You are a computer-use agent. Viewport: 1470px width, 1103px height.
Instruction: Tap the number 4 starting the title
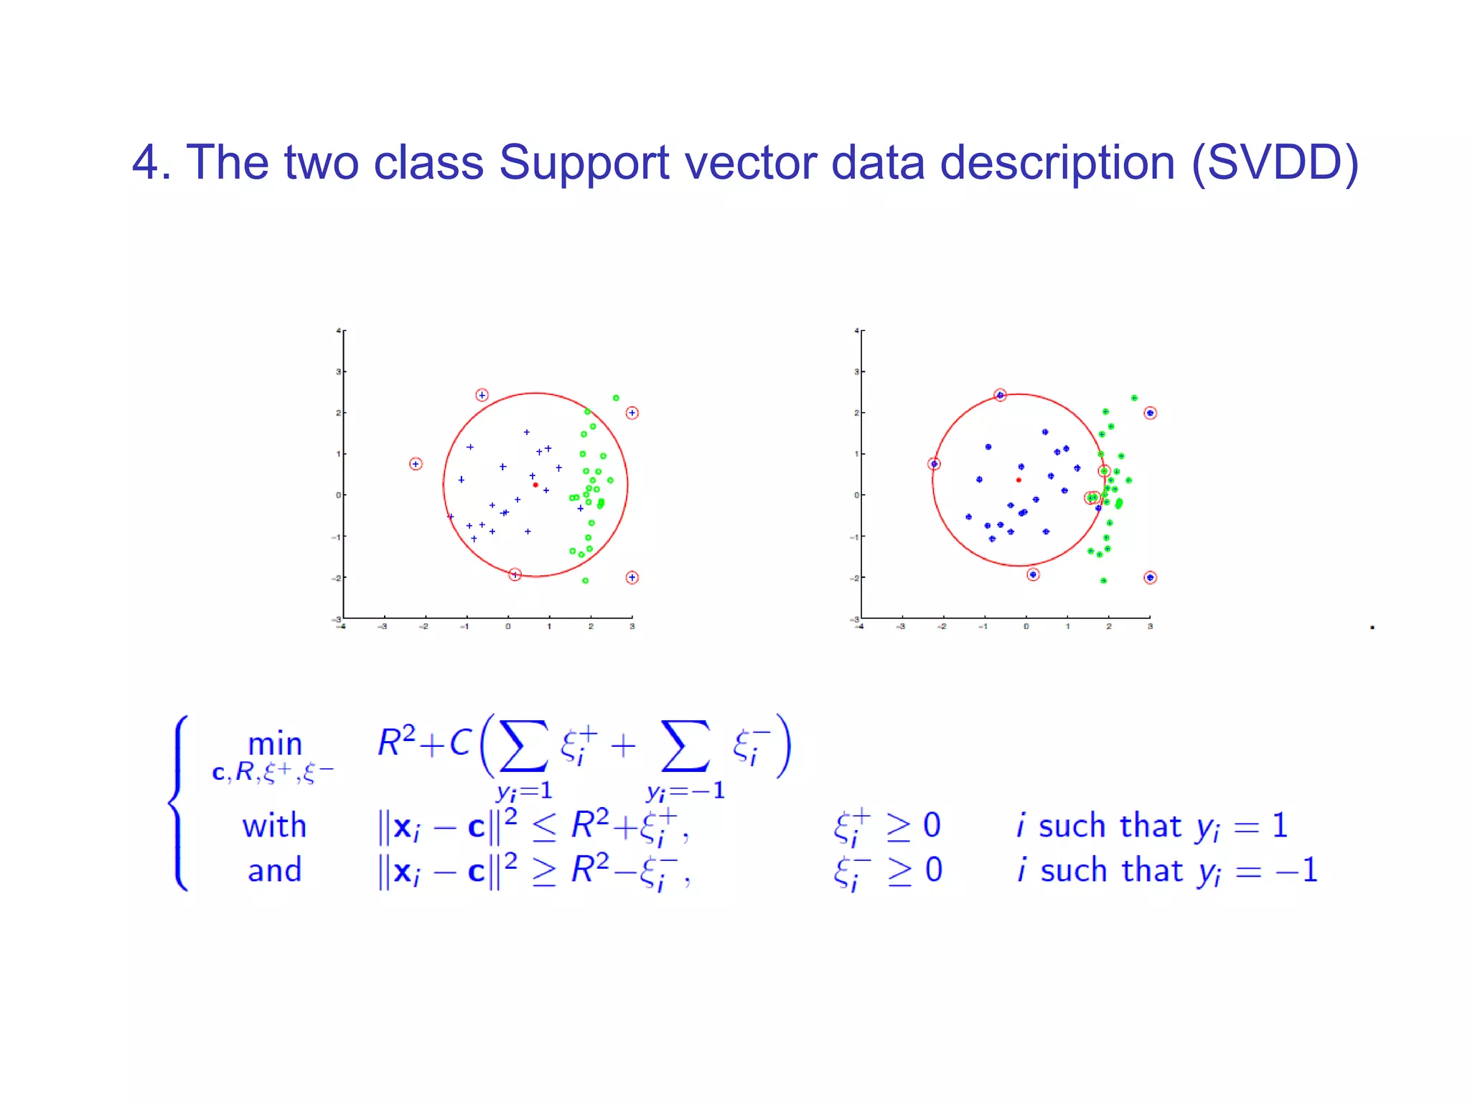[x=145, y=162]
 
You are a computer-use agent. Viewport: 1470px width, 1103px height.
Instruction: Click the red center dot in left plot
[x=535, y=485]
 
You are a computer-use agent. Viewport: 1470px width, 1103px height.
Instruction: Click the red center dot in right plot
[x=1019, y=480]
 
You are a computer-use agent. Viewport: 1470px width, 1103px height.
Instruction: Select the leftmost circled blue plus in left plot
[x=416, y=464]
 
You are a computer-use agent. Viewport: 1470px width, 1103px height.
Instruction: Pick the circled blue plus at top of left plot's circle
[x=482, y=395]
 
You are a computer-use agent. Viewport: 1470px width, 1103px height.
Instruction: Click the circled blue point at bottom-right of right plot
[x=1150, y=577]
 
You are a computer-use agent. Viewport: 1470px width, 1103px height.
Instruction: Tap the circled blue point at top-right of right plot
[x=1150, y=413]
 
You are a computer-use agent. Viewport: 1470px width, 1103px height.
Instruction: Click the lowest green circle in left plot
[x=586, y=580]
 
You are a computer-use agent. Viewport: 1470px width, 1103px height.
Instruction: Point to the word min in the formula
[x=275, y=744]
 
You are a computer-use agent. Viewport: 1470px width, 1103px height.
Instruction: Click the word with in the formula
[x=274, y=826]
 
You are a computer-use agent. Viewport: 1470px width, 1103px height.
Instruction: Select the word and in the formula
[x=274, y=870]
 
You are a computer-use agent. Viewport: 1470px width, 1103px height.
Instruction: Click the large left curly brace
[x=179, y=802]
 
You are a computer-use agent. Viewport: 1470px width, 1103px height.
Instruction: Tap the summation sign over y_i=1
[x=524, y=747]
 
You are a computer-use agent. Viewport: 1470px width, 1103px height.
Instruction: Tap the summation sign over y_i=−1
[x=685, y=747]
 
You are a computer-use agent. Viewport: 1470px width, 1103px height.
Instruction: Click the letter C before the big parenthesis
[x=460, y=743]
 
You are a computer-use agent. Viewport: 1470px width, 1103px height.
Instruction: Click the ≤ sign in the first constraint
[x=543, y=828]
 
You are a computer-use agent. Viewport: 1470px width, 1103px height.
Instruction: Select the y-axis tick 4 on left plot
[x=338, y=331]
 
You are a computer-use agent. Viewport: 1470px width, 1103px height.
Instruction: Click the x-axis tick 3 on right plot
[x=1150, y=627]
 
